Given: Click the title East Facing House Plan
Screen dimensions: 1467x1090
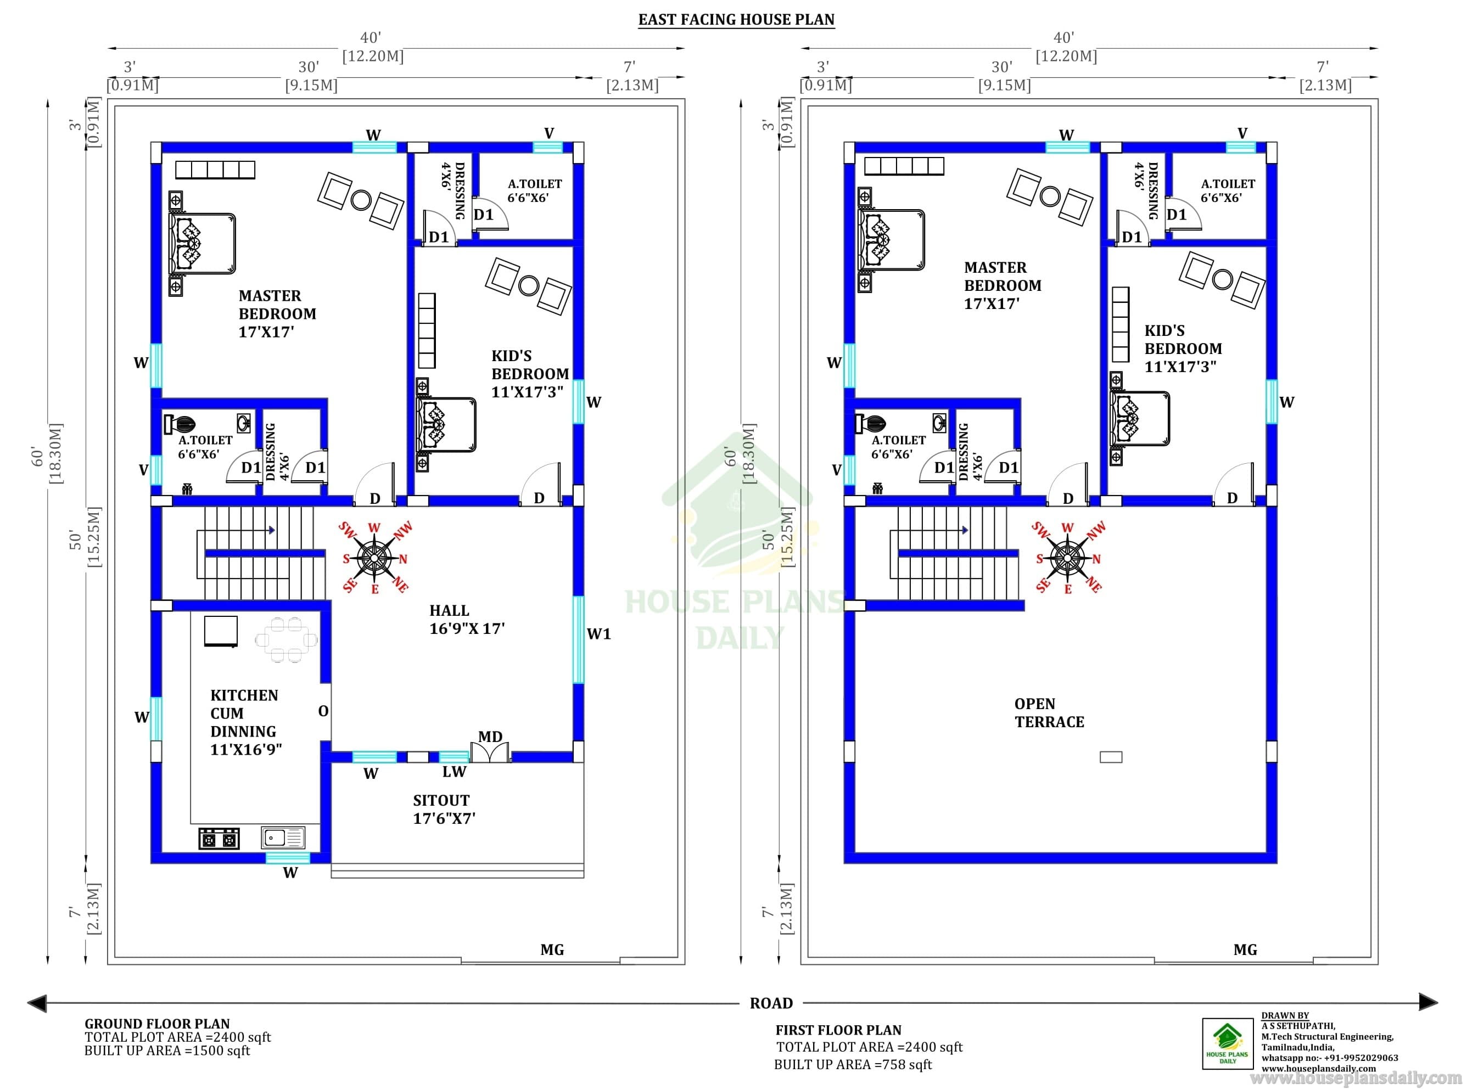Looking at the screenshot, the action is coord(736,20).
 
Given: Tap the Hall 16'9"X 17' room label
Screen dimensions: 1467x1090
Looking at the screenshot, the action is coord(467,620).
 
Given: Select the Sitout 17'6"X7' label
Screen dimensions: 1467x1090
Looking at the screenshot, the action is coord(444,809).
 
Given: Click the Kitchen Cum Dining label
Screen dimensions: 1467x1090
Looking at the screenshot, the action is coord(246,722).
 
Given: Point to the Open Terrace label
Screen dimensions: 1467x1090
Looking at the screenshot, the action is coord(1049,712).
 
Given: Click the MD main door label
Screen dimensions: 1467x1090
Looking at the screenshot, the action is coord(490,737).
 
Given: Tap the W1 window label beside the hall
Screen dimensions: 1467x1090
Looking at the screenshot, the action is coord(598,634).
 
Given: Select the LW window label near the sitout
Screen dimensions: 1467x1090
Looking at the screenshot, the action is coord(454,771).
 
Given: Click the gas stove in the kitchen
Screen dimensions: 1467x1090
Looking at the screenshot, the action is coord(219,839).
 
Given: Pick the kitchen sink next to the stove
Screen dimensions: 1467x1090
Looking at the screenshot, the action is coord(282,838).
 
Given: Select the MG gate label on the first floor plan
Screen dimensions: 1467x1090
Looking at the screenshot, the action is coord(1245,950).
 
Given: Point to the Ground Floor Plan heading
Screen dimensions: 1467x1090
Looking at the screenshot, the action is coord(157,1024).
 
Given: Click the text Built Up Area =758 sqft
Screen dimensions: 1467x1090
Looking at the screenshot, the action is coord(853,1064).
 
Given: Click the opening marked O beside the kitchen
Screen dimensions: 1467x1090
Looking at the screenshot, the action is coord(323,711).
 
